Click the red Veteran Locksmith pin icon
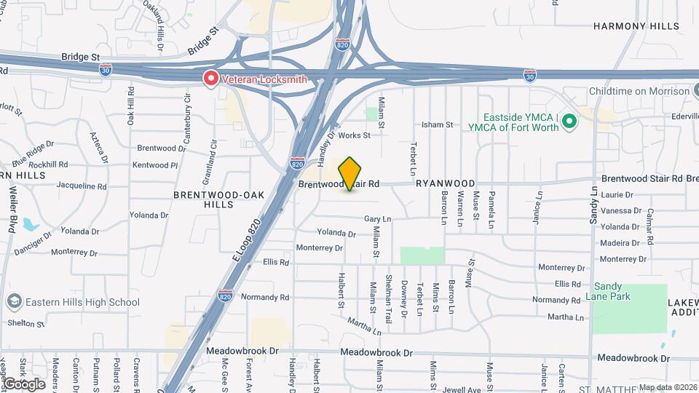tap(211, 78)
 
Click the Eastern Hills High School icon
tap(14, 302)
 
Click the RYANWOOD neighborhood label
tap(446, 184)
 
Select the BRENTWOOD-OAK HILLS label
tap(204, 200)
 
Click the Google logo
tap(24, 384)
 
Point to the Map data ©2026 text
tap(668, 387)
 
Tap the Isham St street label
tap(437, 125)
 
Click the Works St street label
tap(355, 135)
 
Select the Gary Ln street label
tap(378, 219)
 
